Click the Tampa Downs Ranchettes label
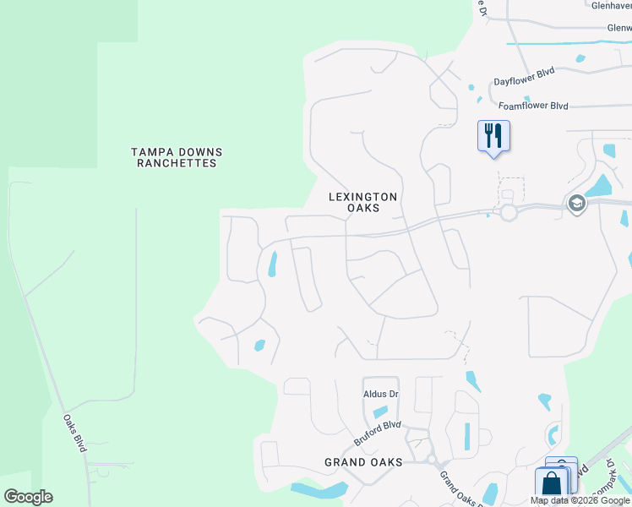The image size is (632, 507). coord(177,158)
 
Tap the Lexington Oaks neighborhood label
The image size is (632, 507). coord(362,202)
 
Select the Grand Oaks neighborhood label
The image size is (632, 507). coord(363,462)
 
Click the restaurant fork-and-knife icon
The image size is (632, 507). coord(493,135)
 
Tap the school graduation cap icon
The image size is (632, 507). coord(576,204)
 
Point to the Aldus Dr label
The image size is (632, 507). coord(380,395)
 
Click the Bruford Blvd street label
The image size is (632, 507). coord(377,433)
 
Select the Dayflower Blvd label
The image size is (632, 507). coord(524,76)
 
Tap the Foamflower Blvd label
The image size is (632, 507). coord(533,106)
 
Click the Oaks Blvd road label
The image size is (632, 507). coord(75,432)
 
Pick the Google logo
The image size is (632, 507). coord(28,497)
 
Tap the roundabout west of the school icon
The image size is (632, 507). coord(508,213)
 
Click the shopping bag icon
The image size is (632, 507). coord(551,484)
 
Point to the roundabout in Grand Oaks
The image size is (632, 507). coord(431,460)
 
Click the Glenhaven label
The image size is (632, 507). coord(611,5)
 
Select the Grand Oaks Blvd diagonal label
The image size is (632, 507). coord(460,488)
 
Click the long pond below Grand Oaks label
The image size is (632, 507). coord(319,490)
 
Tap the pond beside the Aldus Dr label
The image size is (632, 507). coord(380,412)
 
